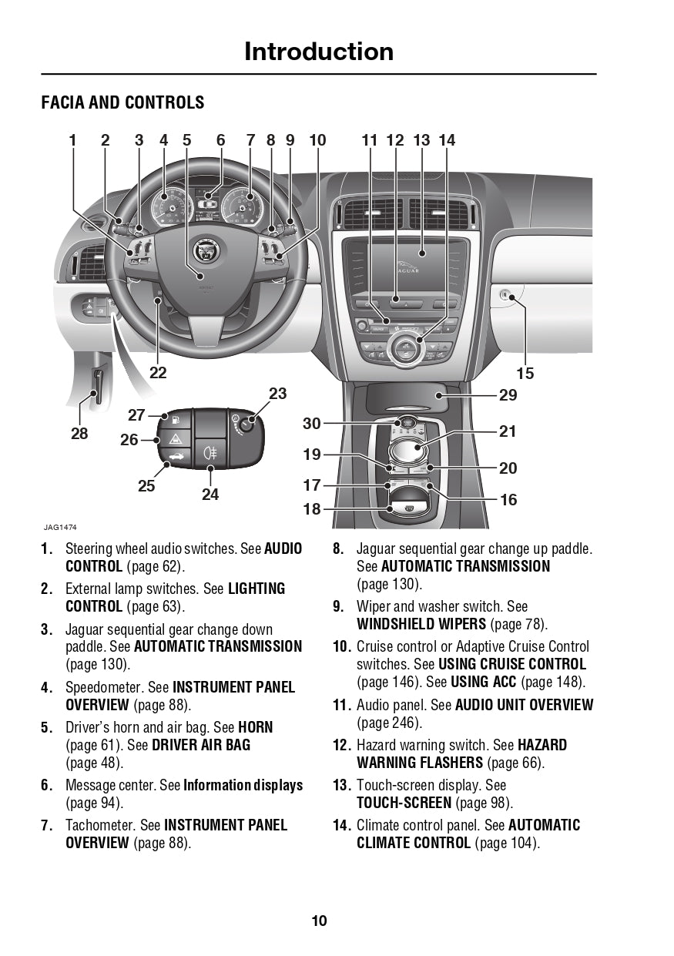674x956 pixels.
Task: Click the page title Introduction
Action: point(319,52)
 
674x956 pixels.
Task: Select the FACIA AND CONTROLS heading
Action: point(122,102)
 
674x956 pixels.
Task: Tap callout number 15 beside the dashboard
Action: point(525,374)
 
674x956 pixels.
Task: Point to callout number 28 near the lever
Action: point(79,434)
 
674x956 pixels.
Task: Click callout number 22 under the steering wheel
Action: point(158,373)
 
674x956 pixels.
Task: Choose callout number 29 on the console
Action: point(508,395)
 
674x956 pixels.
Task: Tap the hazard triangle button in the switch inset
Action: point(176,439)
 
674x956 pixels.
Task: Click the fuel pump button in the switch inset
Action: point(176,421)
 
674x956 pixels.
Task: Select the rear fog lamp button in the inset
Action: point(210,451)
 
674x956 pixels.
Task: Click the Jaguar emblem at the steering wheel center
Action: point(204,249)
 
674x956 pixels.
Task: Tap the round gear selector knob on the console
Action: point(407,448)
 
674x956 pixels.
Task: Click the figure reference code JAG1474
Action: point(60,528)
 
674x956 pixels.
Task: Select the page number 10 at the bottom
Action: point(319,921)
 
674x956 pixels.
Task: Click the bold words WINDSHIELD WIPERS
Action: point(421,624)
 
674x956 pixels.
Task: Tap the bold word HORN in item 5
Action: point(255,727)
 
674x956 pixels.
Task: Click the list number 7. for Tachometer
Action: point(46,825)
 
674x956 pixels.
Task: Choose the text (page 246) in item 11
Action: point(389,723)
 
